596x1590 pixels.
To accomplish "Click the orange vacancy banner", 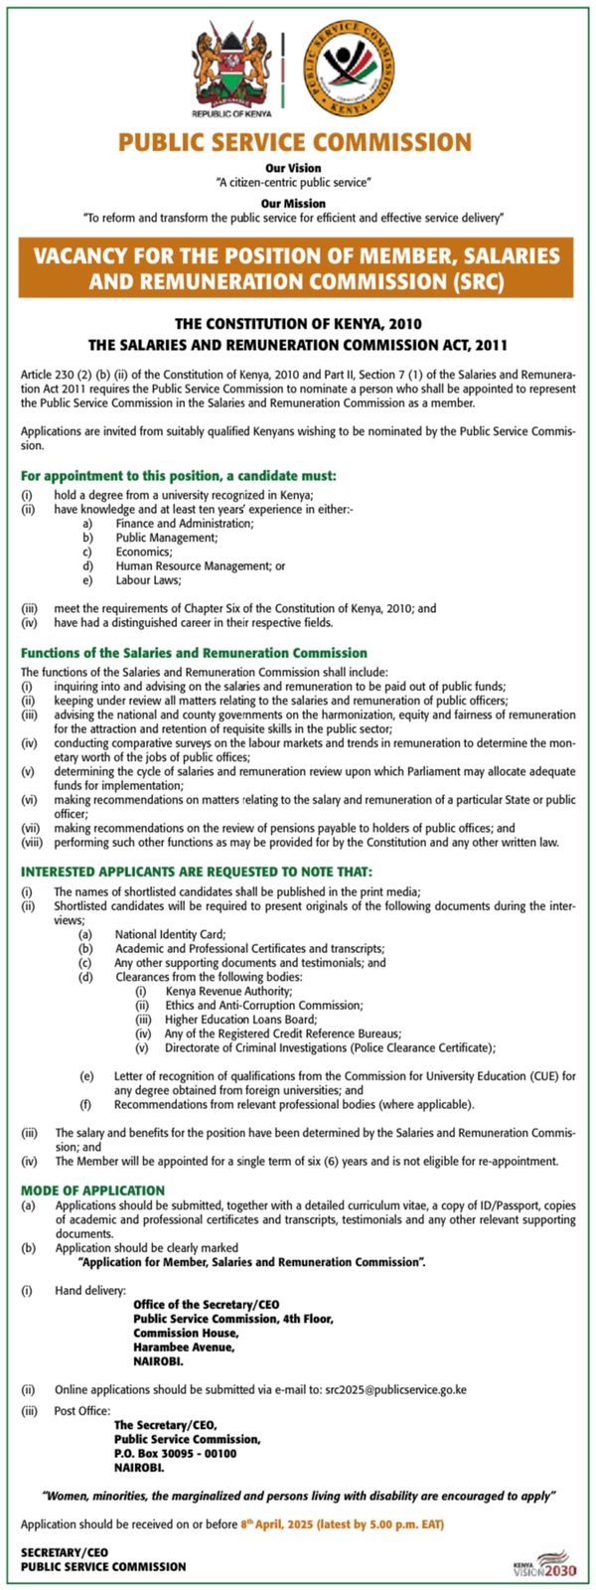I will (296, 268).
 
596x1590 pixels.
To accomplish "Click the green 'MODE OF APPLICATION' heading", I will (92, 1190).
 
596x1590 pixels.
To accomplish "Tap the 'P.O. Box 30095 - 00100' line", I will (175, 1453).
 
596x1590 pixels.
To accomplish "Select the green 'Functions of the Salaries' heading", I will (194, 653).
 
